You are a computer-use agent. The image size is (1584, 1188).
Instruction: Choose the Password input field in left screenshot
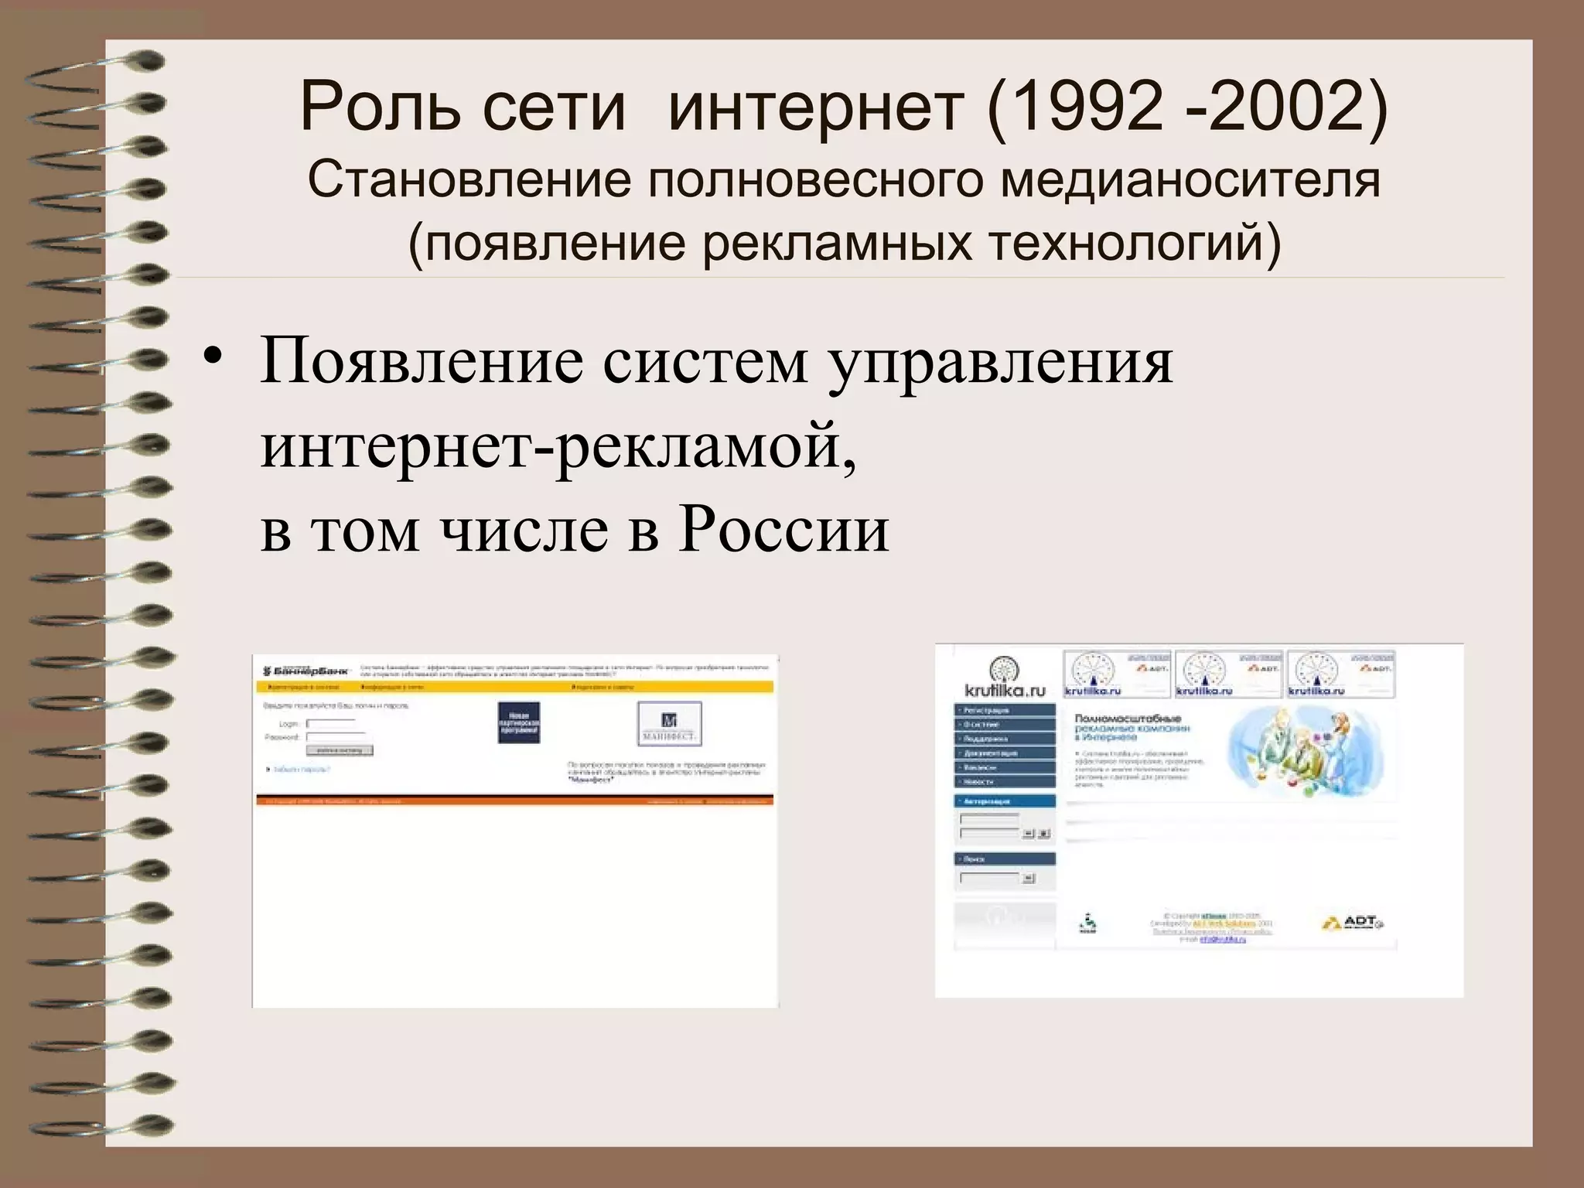(335, 738)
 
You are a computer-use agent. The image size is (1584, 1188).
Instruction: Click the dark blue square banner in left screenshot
(518, 723)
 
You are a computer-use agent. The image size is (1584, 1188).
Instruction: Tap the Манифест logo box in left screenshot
(669, 723)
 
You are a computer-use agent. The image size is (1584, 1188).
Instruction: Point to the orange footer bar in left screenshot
(514, 801)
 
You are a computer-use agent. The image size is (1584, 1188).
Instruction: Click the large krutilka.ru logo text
(1005, 690)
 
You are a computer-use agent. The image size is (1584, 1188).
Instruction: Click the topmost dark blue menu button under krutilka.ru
(1005, 710)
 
